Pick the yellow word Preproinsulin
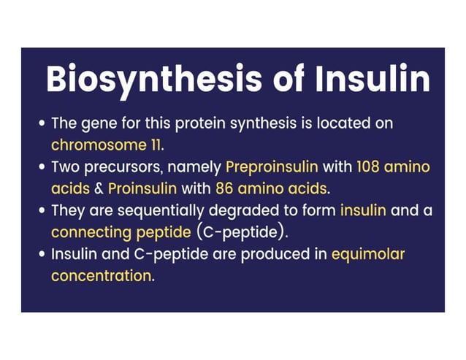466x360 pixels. pos(272,167)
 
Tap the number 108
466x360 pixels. pos(370,167)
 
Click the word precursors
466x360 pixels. pos(123,167)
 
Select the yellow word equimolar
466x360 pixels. pos(367,256)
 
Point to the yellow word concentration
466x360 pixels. pos(102,277)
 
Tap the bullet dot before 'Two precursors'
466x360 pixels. pos(42,168)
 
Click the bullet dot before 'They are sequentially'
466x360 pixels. pos(42,212)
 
